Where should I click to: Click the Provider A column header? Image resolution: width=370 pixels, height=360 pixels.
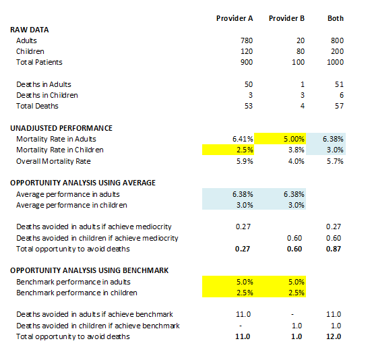click(235, 18)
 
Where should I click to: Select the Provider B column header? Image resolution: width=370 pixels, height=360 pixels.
click(286, 18)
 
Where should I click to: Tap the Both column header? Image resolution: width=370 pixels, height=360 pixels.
click(336, 18)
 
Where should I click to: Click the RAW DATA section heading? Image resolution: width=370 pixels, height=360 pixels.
click(30, 30)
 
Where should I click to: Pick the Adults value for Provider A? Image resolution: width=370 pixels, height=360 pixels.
click(247, 40)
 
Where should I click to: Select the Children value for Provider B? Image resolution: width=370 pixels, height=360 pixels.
click(300, 51)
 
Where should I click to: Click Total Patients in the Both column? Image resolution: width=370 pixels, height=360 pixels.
click(336, 62)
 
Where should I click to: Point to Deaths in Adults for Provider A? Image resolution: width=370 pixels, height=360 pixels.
click(249, 84)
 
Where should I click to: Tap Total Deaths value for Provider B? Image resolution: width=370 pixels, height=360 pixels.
click(303, 106)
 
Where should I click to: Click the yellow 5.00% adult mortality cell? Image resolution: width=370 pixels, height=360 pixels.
click(280, 139)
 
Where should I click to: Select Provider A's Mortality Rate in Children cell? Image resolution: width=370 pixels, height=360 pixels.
click(228, 150)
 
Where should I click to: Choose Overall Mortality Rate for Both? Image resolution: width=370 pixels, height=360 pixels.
click(335, 161)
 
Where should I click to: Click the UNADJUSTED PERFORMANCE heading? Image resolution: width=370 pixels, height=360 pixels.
click(61, 128)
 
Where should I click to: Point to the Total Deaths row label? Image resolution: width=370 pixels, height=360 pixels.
click(37, 106)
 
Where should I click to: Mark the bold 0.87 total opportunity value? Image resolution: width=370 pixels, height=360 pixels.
click(334, 249)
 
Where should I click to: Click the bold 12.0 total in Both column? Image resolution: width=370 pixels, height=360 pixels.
click(334, 336)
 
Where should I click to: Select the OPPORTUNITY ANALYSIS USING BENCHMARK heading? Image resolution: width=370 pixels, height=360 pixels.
click(89, 270)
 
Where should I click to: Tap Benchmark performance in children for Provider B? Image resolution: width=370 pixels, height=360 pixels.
click(280, 293)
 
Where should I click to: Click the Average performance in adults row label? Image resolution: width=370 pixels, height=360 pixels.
click(68, 194)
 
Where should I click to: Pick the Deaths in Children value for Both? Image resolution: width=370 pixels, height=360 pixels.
click(342, 95)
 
